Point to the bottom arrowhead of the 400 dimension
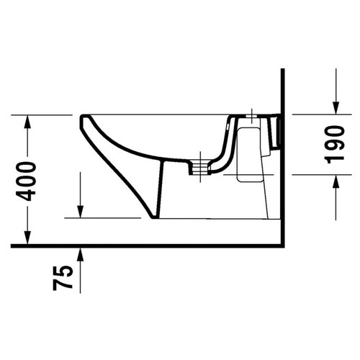pyautogui.click(x=26, y=239)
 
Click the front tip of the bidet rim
pyautogui.click(x=80, y=117)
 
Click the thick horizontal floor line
pyautogui.click(x=144, y=246)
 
